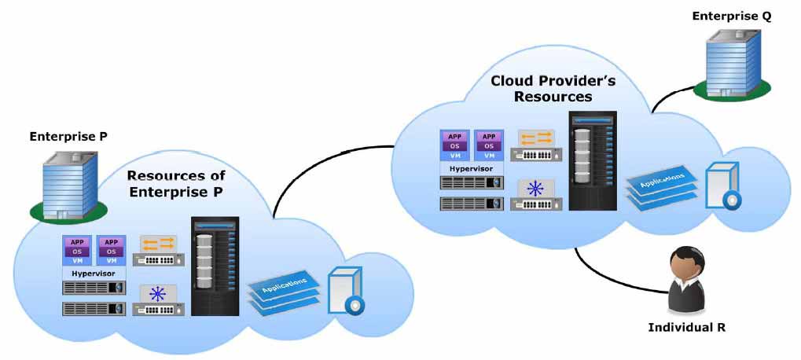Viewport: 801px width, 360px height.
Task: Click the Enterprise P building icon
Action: coord(69,186)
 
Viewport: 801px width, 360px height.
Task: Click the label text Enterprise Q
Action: coord(732,17)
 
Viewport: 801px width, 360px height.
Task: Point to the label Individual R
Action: coord(686,327)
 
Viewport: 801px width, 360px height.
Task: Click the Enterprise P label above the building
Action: coord(68,137)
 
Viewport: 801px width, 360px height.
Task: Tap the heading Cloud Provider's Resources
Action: coord(553,88)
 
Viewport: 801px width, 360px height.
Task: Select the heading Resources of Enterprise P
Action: coord(176,183)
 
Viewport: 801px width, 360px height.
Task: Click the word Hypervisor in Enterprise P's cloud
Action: coord(94,274)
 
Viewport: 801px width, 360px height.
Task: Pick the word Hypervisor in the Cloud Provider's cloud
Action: coord(471,168)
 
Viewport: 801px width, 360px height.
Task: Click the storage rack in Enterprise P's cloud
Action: coord(215,266)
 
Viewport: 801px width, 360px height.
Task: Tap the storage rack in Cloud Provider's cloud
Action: coord(593,161)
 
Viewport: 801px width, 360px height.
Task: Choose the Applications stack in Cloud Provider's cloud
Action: coord(663,184)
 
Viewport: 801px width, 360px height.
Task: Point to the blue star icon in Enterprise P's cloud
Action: coord(158,294)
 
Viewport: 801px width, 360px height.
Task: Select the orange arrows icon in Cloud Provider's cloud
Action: coord(535,139)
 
